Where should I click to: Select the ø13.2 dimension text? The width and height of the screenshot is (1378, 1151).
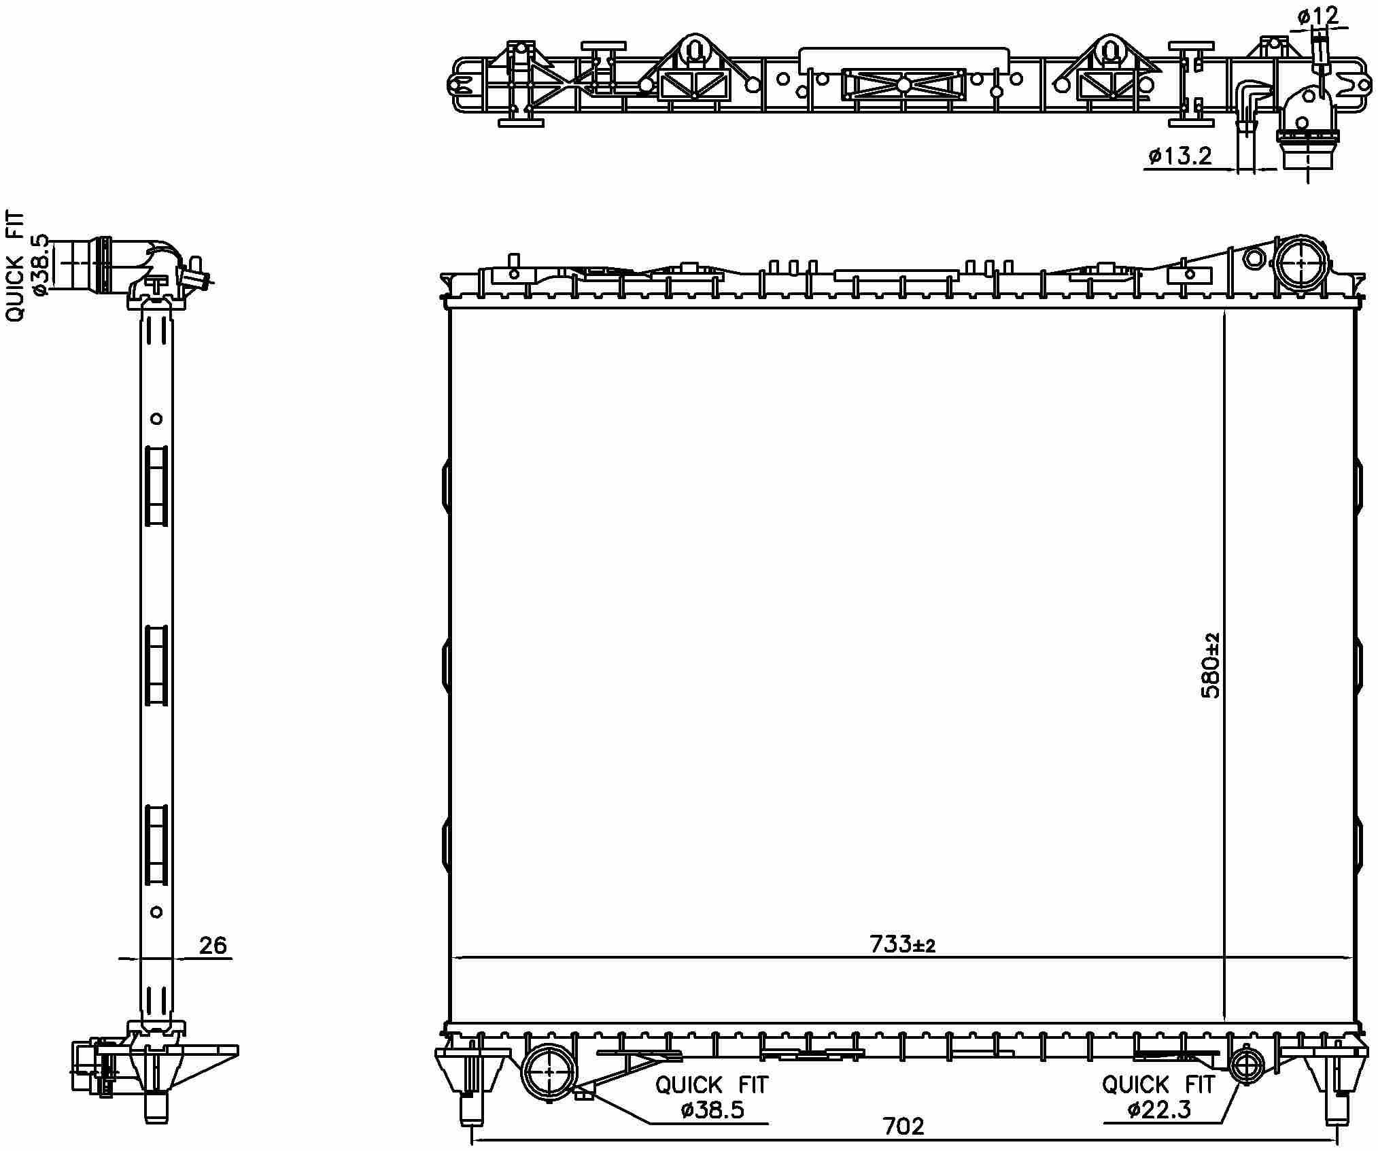click(1180, 156)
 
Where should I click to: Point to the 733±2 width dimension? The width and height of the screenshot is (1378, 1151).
click(902, 944)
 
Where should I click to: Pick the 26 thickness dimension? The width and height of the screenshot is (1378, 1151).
click(213, 945)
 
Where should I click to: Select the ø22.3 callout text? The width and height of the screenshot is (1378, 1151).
click(1158, 1111)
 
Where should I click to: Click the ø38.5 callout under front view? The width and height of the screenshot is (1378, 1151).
click(712, 1111)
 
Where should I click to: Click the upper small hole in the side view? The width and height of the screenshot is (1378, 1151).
click(156, 418)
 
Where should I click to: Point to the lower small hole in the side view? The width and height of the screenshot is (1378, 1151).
click(156, 912)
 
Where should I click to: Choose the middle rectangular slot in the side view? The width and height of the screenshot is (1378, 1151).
click(156, 666)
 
